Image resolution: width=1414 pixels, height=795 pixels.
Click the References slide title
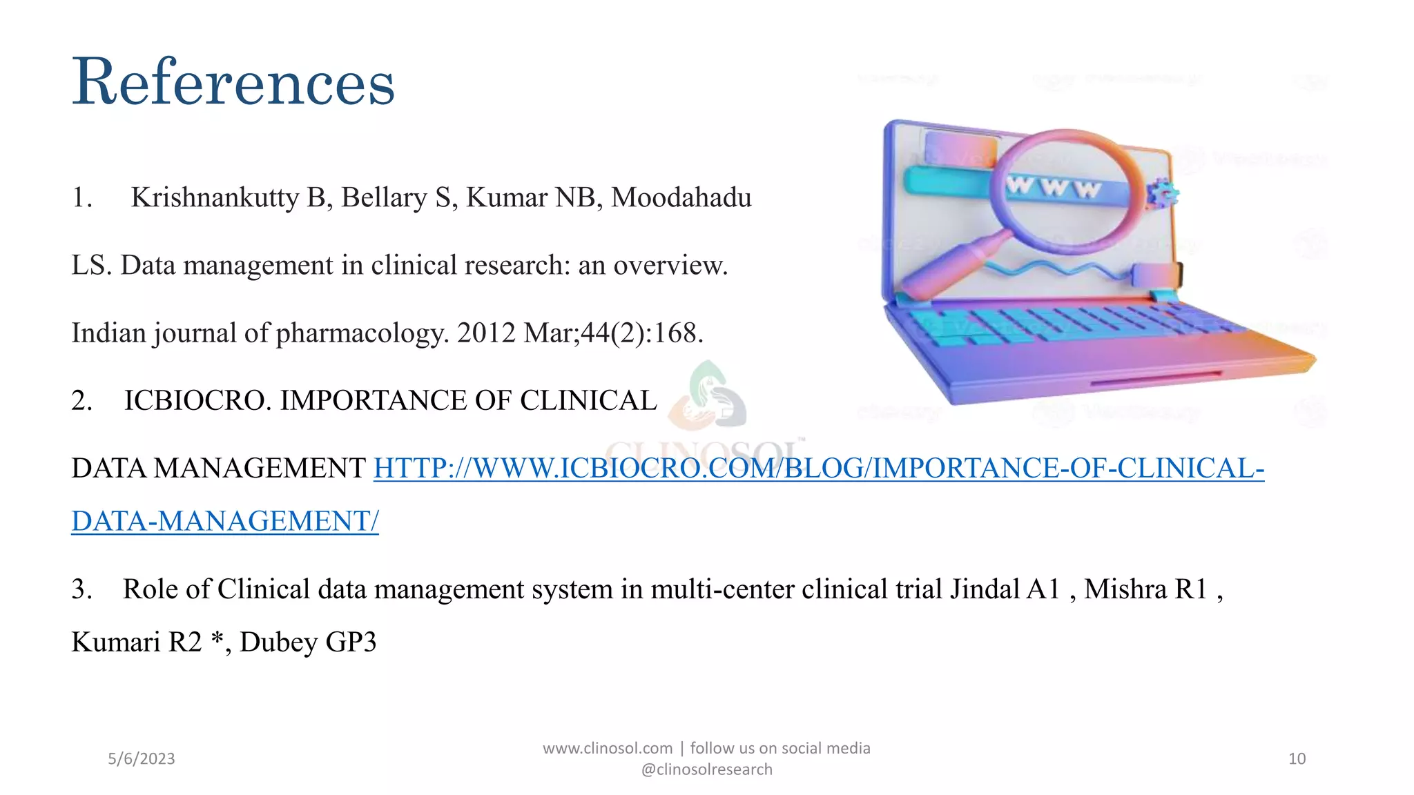pyautogui.click(x=233, y=83)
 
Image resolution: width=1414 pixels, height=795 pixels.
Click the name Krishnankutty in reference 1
pyautogui.click(x=214, y=198)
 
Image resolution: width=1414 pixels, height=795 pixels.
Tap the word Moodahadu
pyautogui.click(x=681, y=198)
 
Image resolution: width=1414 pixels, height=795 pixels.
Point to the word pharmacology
pyautogui.click(x=362, y=333)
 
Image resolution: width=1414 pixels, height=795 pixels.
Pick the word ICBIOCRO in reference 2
pyautogui.click(x=197, y=401)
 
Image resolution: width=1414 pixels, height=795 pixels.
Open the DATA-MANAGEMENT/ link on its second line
pyautogui.click(x=225, y=522)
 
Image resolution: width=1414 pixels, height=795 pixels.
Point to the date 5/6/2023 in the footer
pyautogui.click(x=142, y=759)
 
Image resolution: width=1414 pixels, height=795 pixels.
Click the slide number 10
pyautogui.click(x=1297, y=759)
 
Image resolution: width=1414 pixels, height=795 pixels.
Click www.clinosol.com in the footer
pyautogui.click(x=608, y=749)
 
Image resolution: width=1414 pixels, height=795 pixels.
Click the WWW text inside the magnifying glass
pyautogui.click(x=1053, y=187)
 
